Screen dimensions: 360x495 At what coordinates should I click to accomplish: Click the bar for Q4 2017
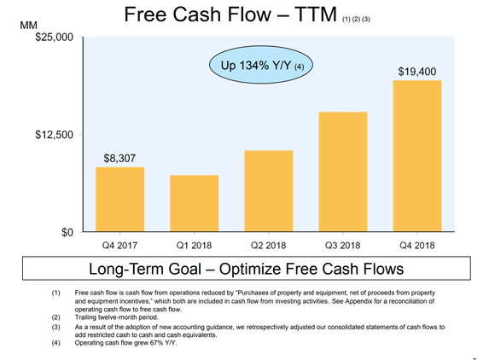pyautogui.click(x=119, y=200)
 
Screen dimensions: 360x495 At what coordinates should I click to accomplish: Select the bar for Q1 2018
pyautogui.click(x=194, y=204)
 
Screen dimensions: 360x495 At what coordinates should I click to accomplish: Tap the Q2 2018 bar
pyautogui.click(x=268, y=191)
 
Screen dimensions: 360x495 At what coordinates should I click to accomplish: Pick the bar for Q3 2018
pyautogui.click(x=342, y=172)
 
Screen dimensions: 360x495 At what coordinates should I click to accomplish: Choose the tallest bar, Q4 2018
pyautogui.click(x=416, y=156)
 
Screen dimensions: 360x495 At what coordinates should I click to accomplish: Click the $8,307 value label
pyautogui.click(x=119, y=158)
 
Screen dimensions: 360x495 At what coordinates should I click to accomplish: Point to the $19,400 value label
pyautogui.click(x=416, y=71)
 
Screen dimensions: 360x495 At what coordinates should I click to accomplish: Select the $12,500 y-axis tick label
pyautogui.click(x=53, y=135)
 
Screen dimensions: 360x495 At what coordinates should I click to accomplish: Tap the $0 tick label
pyautogui.click(x=65, y=232)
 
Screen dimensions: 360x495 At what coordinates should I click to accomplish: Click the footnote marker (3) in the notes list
pyautogui.click(x=56, y=326)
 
